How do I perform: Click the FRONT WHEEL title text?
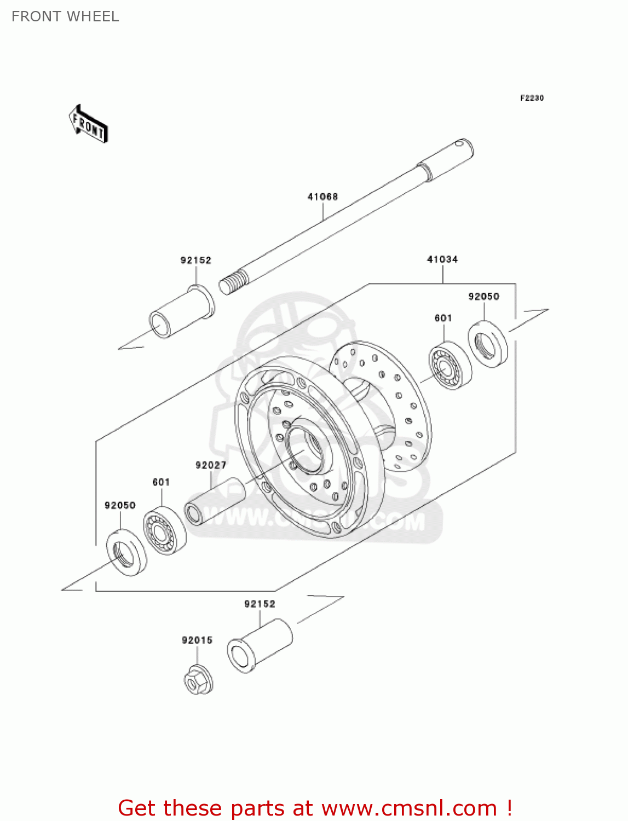pos(65,16)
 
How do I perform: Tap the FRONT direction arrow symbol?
pos(88,124)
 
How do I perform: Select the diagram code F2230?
pos(532,98)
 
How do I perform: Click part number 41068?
pos(322,196)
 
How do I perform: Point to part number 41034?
pos(442,259)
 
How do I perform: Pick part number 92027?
pos(211,465)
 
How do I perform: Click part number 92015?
pos(197,640)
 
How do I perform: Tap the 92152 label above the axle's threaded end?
pos(196,261)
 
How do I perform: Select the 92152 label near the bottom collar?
pos(260,604)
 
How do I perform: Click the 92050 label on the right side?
pos(483,297)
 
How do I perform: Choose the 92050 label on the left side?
pos(120,505)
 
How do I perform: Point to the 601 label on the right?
pos(443,318)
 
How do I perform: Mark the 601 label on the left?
pos(161,482)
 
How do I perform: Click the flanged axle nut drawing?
pos(198,680)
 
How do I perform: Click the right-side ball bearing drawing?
pos(450,365)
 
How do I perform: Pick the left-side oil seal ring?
pos(126,552)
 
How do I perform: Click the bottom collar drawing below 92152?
pos(260,646)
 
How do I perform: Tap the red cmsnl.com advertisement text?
pos(315,808)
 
